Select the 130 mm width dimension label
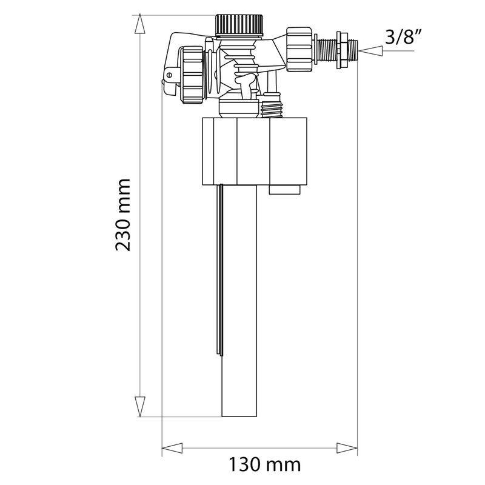point(264,465)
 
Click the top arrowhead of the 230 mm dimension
point(140,23)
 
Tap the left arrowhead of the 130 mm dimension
point(172,449)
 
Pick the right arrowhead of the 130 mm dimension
point(348,449)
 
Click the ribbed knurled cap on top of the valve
point(240,25)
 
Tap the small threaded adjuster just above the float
point(272,106)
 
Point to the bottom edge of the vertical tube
point(240,416)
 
